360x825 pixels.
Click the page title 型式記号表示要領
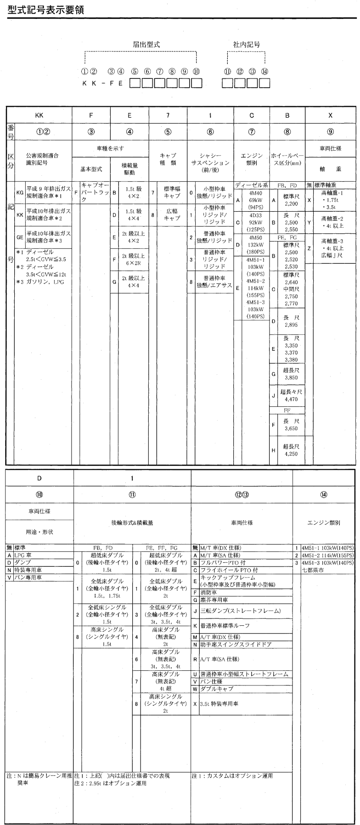[x=46, y=10]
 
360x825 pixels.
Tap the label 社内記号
[x=246, y=45]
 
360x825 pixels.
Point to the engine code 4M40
[x=256, y=193]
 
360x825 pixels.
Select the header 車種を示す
[x=110, y=149]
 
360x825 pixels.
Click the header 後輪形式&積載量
[x=132, y=522]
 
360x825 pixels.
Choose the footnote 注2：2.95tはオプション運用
[x=110, y=783]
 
